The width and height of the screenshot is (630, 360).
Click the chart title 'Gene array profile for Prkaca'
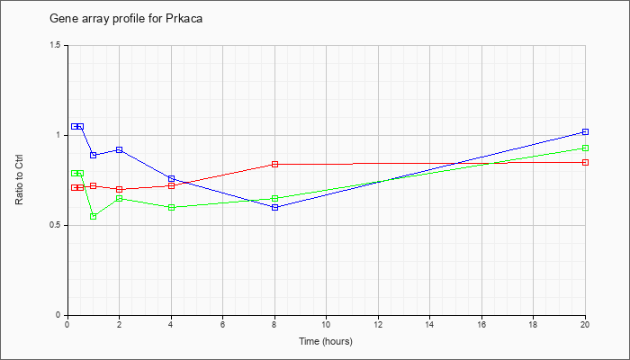pos(126,19)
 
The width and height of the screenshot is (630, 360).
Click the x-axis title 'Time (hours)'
pos(326,341)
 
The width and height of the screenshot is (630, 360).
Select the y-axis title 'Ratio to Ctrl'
pos(19,180)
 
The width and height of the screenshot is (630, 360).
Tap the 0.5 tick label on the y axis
pos(58,225)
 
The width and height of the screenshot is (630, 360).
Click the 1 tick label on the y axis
pos(62,135)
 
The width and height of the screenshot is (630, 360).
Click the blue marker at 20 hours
pos(585,131)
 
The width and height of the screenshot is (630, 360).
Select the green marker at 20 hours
pos(585,148)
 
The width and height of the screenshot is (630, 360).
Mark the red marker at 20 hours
pos(585,162)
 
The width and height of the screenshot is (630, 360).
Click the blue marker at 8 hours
pos(274,207)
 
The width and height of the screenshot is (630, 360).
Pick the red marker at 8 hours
pos(274,164)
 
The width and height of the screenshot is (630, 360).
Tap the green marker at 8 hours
pos(274,199)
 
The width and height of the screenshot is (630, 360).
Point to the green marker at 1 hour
pos(94,217)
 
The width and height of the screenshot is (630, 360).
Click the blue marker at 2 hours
pos(120,150)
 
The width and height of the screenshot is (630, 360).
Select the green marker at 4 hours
pos(171,207)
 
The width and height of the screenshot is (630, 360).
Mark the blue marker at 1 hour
pos(94,155)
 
